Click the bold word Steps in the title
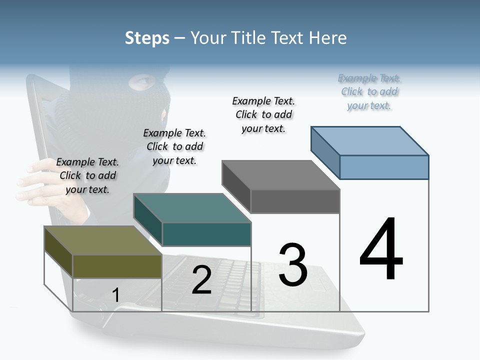(x=147, y=38)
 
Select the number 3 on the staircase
(x=292, y=265)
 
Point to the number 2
(x=201, y=280)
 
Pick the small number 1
(x=115, y=295)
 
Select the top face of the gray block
(x=280, y=175)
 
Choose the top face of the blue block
(x=370, y=140)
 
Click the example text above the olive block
(x=87, y=175)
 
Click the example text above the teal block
(x=174, y=146)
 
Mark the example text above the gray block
(x=263, y=114)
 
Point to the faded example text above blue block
(x=369, y=91)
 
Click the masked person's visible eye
(x=140, y=81)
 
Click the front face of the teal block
(x=206, y=234)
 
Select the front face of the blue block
(x=384, y=167)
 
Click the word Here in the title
(x=328, y=38)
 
